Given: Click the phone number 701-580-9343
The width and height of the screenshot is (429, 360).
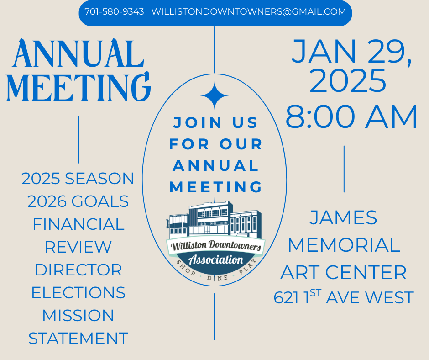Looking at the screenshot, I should pos(114,12).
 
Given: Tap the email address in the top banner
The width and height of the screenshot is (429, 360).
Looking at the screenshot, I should pos(249,12).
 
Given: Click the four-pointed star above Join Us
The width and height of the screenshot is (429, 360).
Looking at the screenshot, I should pos(214,96).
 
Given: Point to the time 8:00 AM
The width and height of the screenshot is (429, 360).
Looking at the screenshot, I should pos(351,117).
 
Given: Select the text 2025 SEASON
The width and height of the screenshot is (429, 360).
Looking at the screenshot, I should pos(78,179).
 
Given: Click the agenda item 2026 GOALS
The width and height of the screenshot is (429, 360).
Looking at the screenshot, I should pos(78,201).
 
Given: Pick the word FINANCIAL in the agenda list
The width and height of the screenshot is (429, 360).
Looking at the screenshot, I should pos(78,224).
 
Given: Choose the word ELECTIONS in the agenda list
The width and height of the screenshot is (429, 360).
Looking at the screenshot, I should pos(78,293).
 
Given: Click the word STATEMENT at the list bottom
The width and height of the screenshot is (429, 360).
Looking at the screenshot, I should pos(78,339).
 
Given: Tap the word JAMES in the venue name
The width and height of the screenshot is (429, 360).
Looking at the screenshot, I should pos(343,217).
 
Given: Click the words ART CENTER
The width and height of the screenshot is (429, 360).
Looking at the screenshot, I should pos(343,272).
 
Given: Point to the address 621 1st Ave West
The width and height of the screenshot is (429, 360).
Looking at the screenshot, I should pos(343,298).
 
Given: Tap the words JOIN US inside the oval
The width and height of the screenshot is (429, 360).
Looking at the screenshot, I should pos(216,122).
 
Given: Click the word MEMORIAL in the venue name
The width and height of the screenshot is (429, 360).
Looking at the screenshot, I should pos(343,245).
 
